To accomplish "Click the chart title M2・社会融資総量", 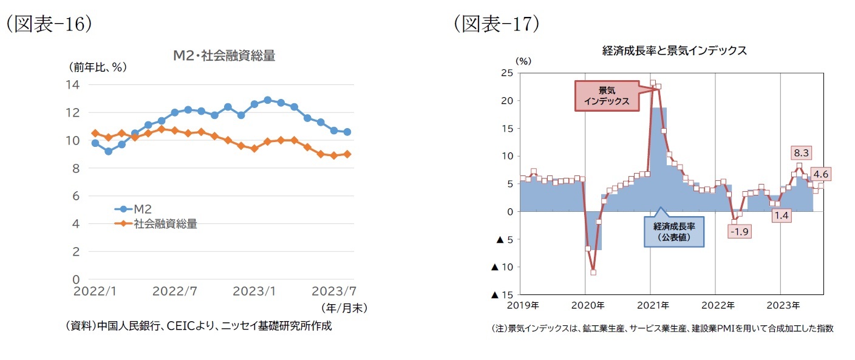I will [224, 56].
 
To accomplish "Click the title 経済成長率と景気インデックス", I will [674, 51].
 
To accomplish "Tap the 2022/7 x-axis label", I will [174, 291].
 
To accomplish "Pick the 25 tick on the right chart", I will [507, 73].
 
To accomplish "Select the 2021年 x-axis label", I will [653, 305].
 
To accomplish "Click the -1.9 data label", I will [739, 231].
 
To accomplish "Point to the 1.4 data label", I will [782, 214].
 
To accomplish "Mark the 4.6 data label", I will [817, 174].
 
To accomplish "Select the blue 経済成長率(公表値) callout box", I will [674, 232].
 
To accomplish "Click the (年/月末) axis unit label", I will [344, 308].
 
